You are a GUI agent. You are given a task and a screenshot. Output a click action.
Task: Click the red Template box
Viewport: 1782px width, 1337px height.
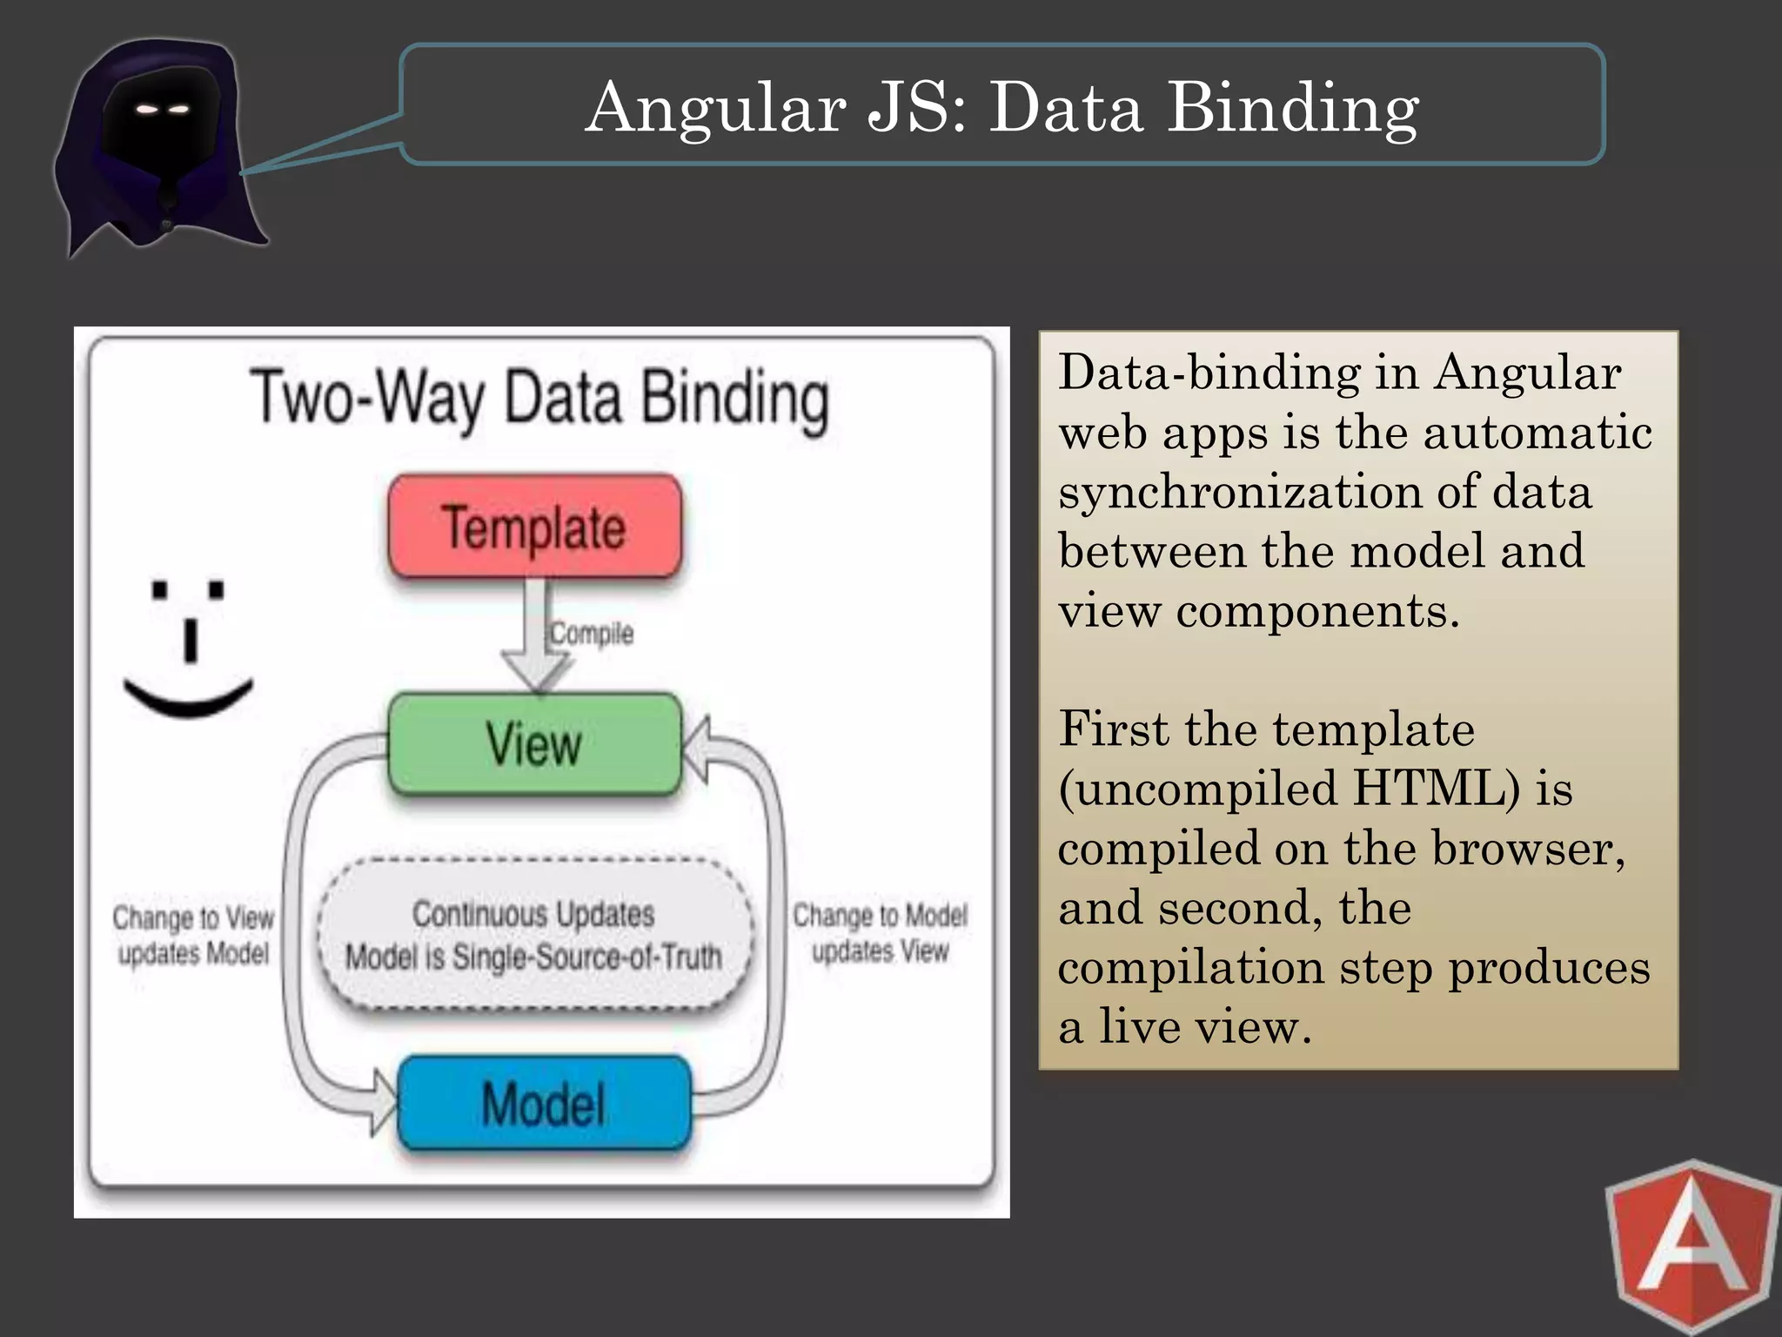534,526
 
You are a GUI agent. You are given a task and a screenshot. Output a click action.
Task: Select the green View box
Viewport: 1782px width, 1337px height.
534,744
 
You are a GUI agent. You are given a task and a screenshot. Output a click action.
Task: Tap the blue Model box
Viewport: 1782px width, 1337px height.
544,1103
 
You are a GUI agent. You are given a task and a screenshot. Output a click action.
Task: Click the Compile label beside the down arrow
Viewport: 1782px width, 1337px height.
592,633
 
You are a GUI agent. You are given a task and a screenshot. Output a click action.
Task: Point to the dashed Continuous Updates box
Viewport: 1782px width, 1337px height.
533,935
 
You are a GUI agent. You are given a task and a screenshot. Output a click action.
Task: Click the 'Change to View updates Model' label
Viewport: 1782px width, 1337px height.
193,935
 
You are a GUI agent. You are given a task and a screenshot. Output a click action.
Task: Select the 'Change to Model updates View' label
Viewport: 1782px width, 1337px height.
880,933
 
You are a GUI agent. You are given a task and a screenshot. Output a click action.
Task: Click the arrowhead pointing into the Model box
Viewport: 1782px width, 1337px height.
384,1103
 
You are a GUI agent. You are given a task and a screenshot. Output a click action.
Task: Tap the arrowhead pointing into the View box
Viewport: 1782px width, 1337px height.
697,749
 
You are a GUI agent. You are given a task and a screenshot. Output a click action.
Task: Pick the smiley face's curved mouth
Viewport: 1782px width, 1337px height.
188,698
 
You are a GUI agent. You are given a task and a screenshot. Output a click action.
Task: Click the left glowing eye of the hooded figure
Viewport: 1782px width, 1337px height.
147,110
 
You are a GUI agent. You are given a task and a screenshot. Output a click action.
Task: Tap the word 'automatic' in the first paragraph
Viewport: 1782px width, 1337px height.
1537,432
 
